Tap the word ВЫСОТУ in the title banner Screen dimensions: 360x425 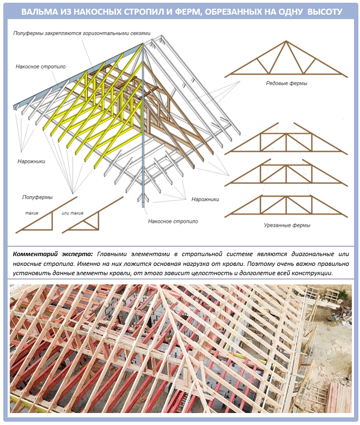(x=325, y=11)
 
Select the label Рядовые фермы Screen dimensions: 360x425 (x=286, y=83)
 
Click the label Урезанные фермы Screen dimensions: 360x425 (x=287, y=225)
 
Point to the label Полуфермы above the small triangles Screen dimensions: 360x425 (x=37, y=197)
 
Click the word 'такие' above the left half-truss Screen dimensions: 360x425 (x=32, y=213)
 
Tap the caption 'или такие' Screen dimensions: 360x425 (x=72, y=213)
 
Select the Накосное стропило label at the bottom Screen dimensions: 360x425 (x=173, y=221)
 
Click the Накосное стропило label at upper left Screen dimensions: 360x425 (x=40, y=66)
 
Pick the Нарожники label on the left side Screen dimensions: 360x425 (x=31, y=161)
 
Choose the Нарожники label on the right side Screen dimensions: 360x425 (x=205, y=199)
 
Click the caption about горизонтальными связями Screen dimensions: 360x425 (x=82, y=33)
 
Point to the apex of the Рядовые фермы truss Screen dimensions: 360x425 (x=286, y=41)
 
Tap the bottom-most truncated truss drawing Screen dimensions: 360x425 (x=286, y=207)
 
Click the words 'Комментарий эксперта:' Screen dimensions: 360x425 (x=53, y=254)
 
